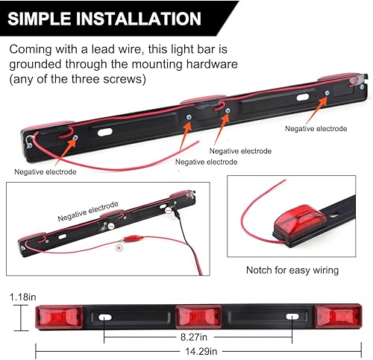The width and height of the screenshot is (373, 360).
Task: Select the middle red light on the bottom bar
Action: coord(196,318)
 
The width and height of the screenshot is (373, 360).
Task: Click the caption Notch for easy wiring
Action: coord(293,271)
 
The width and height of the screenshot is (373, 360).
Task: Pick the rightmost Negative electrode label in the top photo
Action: coord(316,128)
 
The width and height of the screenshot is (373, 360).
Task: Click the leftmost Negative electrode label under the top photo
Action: coord(45,171)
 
